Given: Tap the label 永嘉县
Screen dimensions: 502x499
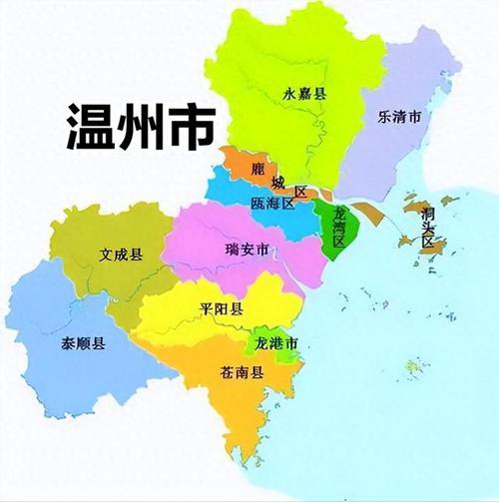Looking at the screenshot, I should (306, 95).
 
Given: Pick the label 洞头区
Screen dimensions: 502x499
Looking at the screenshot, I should (429, 227).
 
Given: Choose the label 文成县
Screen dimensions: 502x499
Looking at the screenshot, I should (121, 253).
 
